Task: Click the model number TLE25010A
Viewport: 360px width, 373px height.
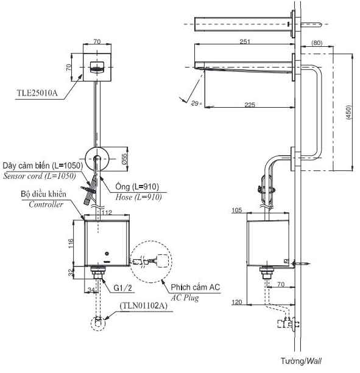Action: click(x=37, y=92)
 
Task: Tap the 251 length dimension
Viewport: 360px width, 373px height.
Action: click(x=245, y=41)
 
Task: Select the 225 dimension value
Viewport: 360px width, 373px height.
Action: click(x=250, y=105)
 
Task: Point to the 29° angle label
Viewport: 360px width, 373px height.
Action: click(x=196, y=103)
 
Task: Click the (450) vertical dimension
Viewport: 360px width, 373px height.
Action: click(x=348, y=113)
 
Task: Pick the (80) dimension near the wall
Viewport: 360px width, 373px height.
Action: click(x=317, y=43)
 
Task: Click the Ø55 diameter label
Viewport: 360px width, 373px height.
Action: click(x=124, y=159)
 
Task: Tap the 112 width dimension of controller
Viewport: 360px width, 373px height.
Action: click(x=107, y=212)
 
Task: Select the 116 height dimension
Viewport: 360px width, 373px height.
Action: click(x=71, y=243)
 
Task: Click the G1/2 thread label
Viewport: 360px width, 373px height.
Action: click(x=122, y=288)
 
